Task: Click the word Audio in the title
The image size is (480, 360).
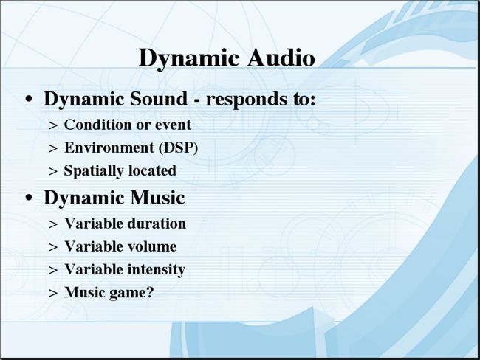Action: (281, 58)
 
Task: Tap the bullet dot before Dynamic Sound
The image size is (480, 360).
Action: (29, 99)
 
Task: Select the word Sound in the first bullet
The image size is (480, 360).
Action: (158, 99)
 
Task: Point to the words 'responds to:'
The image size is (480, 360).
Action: (261, 100)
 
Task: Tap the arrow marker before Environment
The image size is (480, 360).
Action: (53, 148)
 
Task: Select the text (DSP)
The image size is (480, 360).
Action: (178, 148)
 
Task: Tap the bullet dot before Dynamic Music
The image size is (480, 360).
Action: (29, 198)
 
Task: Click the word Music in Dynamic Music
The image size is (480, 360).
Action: (157, 198)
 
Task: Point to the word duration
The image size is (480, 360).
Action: (156, 224)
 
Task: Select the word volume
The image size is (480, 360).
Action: (152, 246)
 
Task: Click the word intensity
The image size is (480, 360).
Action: (156, 270)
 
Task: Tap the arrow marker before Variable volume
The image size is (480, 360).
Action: (53, 247)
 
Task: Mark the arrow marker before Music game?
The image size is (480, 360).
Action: (53, 293)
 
